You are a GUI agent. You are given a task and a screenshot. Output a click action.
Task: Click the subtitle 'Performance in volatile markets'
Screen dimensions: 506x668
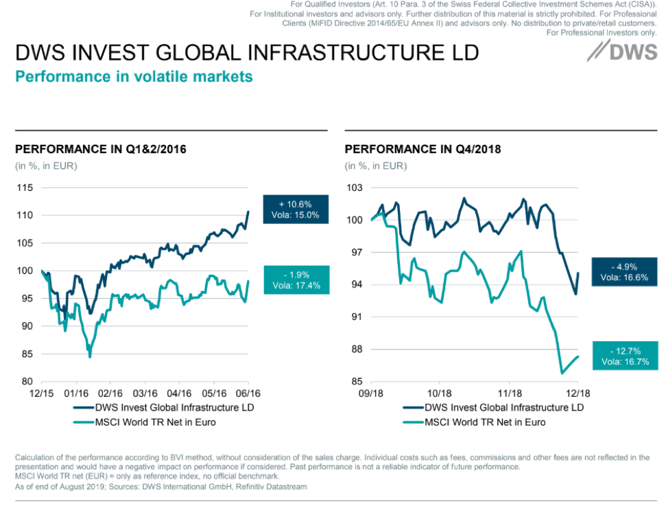tap(134, 76)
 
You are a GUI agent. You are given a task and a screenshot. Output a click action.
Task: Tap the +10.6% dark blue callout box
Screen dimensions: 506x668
tap(295, 209)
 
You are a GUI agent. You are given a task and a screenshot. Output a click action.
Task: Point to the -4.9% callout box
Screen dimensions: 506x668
tap(624, 272)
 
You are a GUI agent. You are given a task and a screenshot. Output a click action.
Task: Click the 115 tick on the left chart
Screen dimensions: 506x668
tap(25, 187)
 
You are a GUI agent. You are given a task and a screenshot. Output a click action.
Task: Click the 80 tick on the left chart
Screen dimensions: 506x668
tap(27, 381)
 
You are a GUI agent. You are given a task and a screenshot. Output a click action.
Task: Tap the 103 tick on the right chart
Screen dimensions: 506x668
tap(355, 187)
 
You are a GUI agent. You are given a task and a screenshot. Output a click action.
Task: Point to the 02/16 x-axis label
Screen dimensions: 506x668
tap(110, 394)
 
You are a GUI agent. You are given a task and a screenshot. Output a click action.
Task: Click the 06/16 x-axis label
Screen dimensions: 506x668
tap(248, 394)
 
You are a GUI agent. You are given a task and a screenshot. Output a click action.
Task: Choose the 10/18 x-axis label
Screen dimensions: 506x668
tap(440, 394)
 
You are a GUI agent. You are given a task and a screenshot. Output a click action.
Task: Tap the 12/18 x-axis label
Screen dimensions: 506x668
tap(577, 394)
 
